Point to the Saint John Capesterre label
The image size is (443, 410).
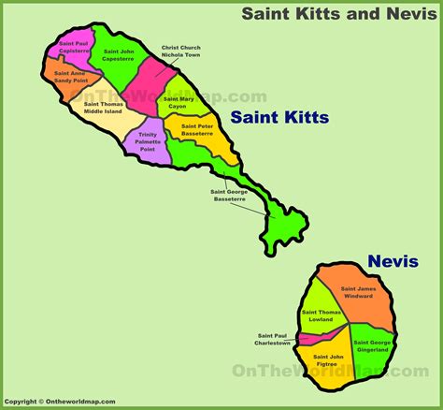pyautogui.click(x=118, y=57)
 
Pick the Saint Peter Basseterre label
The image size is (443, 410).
pyautogui.click(x=198, y=129)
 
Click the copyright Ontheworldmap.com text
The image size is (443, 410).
pyautogui.click(x=58, y=402)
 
